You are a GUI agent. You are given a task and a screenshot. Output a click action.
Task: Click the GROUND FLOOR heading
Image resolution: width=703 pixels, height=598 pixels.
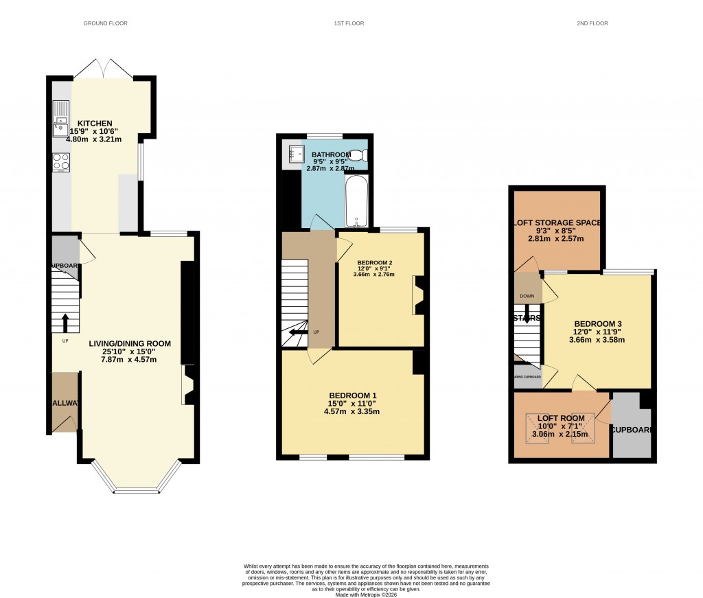(x=106, y=23)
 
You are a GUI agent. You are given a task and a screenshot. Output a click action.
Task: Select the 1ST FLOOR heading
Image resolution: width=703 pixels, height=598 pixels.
(x=349, y=23)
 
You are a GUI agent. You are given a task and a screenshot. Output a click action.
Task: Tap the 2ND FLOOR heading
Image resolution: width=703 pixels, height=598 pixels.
(x=592, y=23)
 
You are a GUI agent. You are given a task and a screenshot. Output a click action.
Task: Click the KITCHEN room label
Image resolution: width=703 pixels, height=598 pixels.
(x=95, y=123)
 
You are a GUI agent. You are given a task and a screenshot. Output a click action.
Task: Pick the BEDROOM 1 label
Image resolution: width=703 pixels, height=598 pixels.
(x=352, y=395)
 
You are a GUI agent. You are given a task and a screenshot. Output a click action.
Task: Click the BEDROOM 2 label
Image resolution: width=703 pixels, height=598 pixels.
(x=375, y=262)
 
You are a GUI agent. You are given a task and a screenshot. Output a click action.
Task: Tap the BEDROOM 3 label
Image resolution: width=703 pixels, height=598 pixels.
(x=599, y=323)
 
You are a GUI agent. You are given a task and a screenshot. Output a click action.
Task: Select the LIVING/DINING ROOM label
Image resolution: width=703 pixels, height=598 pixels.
(x=129, y=343)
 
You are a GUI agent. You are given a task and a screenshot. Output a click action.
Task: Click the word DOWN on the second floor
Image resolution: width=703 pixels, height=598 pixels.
(x=527, y=297)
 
